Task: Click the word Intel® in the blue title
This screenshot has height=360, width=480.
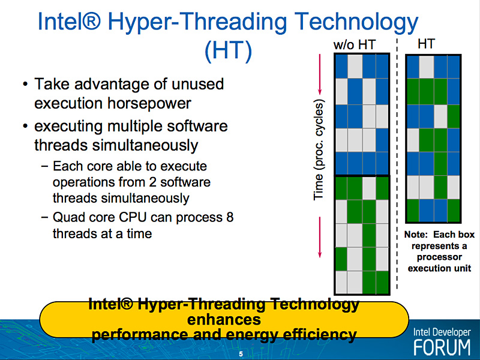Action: coord(69,22)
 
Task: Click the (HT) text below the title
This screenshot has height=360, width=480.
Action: coord(228,51)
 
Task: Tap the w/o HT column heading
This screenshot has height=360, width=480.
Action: coord(355,45)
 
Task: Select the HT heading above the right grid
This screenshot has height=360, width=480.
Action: coord(426,44)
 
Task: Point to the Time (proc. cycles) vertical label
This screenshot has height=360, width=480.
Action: coord(319,149)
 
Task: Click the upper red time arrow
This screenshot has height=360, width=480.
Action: coord(320,74)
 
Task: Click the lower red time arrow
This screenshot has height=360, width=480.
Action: coord(320,237)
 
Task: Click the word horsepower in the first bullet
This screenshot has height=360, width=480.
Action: coord(149,103)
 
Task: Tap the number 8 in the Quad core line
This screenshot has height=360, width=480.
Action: coord(230,217)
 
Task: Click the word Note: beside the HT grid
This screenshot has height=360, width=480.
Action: coord(416,235)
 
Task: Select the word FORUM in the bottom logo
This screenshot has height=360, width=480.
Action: coord(442,347)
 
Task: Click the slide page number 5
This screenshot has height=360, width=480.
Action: coord(241,354)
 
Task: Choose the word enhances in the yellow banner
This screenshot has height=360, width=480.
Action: coord(224,320)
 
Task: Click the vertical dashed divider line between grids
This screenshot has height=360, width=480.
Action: coord(397,164)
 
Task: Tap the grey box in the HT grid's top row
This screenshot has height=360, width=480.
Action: coord(426,67)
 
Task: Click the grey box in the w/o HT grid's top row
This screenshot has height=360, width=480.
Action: coord(355,66)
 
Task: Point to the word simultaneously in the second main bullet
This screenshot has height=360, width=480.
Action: coord(145,145)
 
